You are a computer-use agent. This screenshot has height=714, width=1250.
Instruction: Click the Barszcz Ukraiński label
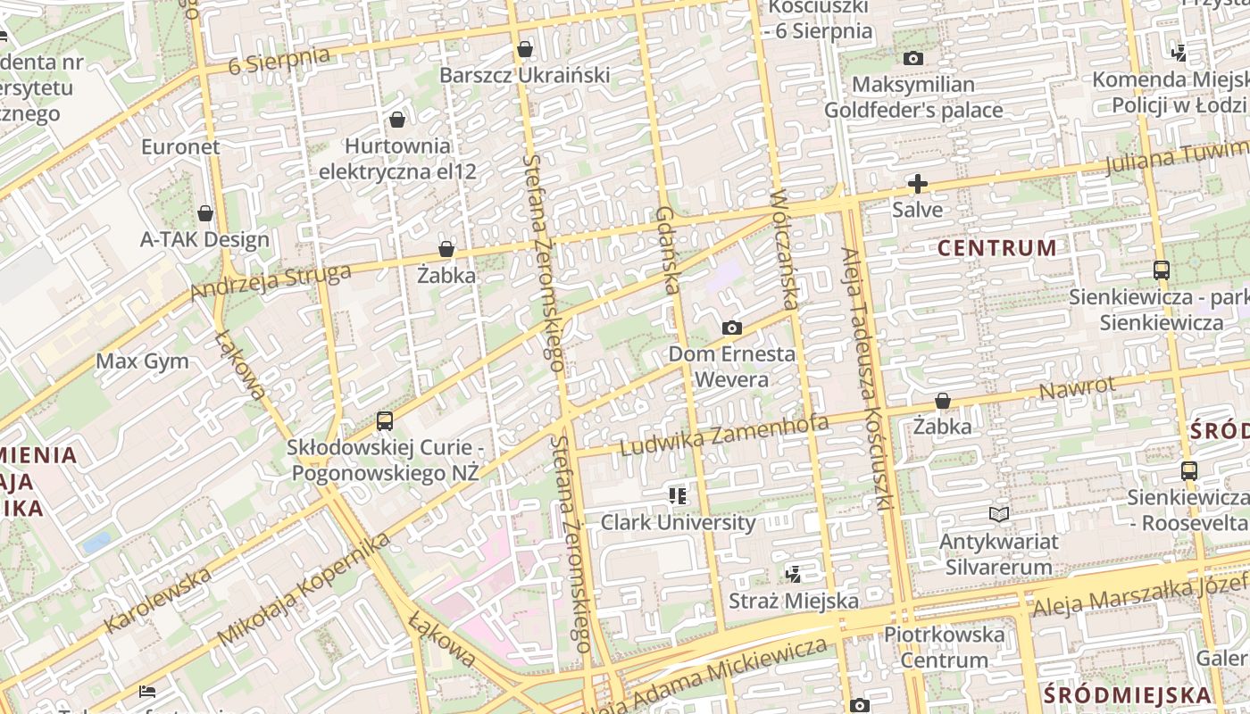pos(525,75)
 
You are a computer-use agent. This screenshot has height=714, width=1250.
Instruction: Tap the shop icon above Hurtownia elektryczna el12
pos(397,119)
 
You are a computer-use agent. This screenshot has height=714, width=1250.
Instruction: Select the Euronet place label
pos(180,146)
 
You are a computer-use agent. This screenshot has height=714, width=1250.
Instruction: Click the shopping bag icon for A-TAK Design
pos(205,213)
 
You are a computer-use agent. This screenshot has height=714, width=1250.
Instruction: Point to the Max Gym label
pos(142,361)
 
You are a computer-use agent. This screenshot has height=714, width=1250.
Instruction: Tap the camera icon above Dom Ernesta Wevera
pos(732,328)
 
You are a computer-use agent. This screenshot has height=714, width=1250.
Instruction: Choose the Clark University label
pos(678,522)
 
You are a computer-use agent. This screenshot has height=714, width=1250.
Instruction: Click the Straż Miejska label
pos(794,601)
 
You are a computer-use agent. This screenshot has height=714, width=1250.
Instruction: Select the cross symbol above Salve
pos(917,184)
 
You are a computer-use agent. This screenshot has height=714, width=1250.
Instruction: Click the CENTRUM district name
pos(997,248)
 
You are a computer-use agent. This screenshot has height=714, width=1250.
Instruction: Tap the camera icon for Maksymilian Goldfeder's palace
pos(912,59)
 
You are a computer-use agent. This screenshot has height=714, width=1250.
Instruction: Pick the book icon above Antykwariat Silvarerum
pos(999,515)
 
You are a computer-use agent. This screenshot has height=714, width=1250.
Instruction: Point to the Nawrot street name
pos(1078,390)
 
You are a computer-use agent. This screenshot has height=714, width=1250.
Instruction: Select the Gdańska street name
pos(668,250)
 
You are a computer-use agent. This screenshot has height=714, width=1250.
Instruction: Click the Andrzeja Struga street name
pos(270,282)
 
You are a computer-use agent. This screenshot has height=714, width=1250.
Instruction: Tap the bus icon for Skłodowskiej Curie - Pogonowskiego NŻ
pos(385,420)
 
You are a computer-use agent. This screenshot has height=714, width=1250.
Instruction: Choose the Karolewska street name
pos(158,600)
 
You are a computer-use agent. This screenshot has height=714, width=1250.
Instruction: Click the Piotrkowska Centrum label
pos(944,647)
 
